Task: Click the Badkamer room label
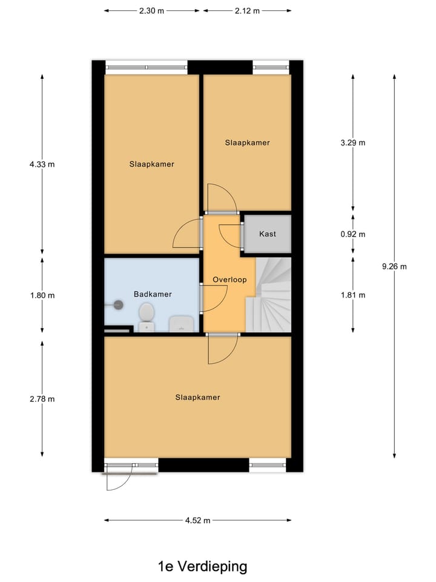click(153, 294)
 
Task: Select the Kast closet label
click(268, 234)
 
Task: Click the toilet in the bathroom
click(146, 316)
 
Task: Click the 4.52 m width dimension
click(198, 520)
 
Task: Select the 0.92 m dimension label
click(353, 234)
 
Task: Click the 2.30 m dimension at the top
click(152, 11)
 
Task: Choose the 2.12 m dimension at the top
click(247, 11)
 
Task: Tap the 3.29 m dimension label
click(353, 143)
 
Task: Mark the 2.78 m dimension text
click(42, 399)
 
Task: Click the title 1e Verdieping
click(202, 567)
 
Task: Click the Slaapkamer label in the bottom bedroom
click(197, 398)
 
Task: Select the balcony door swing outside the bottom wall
click(118, 479)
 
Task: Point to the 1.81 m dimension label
click(353, 295)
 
